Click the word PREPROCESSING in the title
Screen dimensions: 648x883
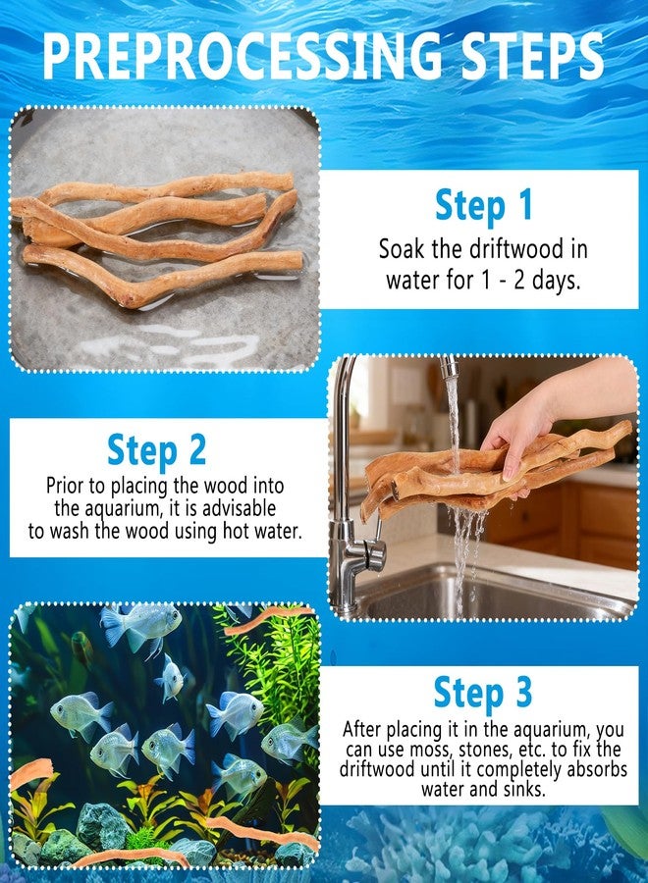click(x=243, y=55)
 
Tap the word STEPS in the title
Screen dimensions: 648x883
click(x=532, y=55)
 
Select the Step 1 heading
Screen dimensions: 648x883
click(x=483, y=206)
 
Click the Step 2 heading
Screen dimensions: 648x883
click(x=156, y=450)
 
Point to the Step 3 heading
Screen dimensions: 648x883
click(x=483, y=693)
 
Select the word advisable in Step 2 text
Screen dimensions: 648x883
click(x=239, y=508)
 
